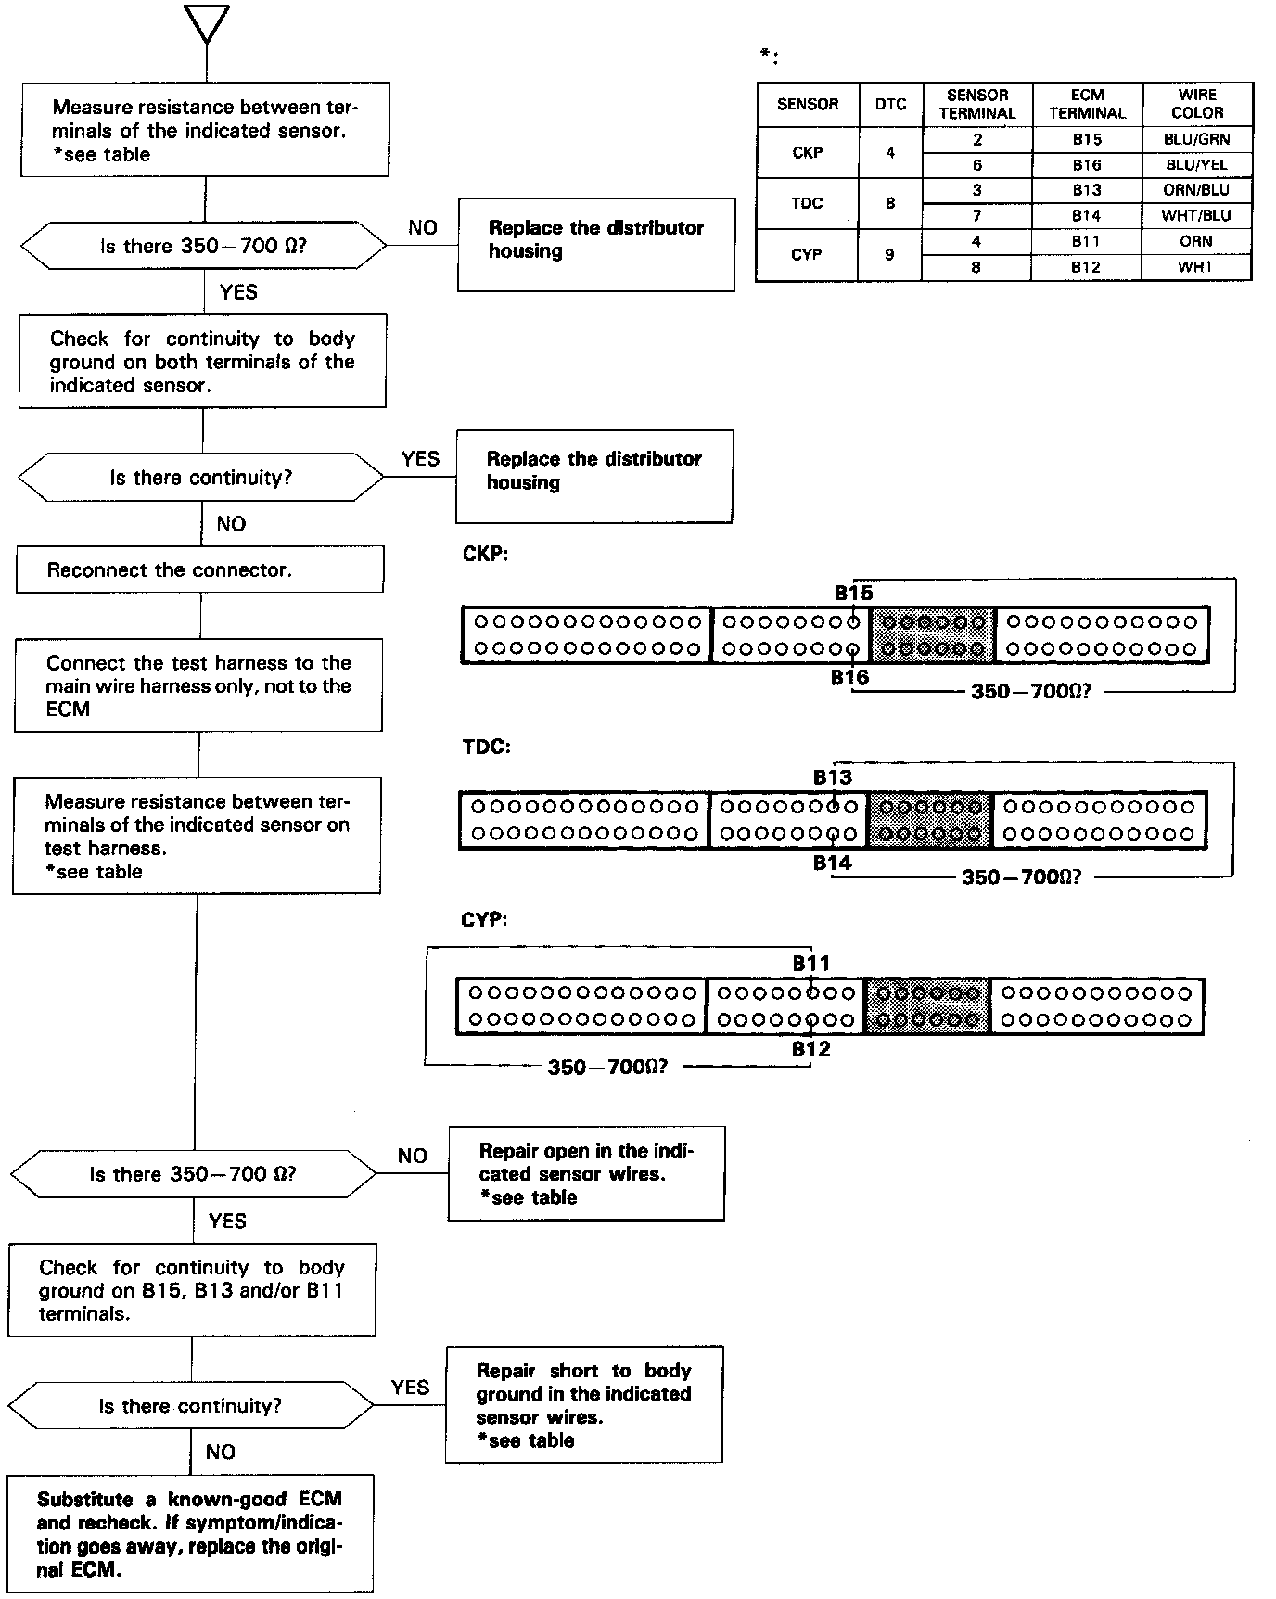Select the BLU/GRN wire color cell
coord(1196,139)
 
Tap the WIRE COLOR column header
coord(1197,104)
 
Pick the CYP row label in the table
coord(807,254)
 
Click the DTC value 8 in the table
coord(890,203)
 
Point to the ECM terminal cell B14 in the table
coord(1087,216)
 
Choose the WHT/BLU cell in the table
coord(1196,216)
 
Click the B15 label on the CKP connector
coord(853,593)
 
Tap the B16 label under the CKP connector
coord(849,678)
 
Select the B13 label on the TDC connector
coord(832,777)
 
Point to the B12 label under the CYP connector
coord(810,1049)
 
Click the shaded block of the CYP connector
coord(927,1006)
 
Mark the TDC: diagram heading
coord(486,747)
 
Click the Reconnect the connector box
coord(199,569)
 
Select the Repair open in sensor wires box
coord(586,1173)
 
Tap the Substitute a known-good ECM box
coord(190,1533)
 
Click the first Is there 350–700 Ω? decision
coord(203,246)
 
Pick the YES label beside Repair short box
coord(410,1388)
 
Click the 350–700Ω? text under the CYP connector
coord(607,1068)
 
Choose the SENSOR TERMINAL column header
coord(977,104)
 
